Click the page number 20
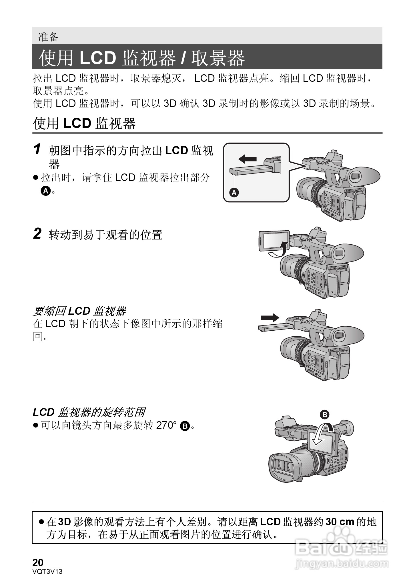click(x=38, y=562)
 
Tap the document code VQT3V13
click(x=47, y=571)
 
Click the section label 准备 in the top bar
click(x=48, y=37)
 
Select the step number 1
click(x=37, y=149)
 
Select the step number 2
click(x=37, y=234)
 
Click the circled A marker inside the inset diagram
click(x=234, y=193)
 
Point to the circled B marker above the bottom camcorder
click(x=324, y=414)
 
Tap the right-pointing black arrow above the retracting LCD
click(x=270, y=318)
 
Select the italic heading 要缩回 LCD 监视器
click(x=79, y=311)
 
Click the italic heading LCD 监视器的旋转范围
click(x=89, y=412)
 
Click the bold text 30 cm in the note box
click(x=340, y=522)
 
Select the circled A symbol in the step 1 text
click(x=45, y=191)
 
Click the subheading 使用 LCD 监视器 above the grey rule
click(x=84, y=123)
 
